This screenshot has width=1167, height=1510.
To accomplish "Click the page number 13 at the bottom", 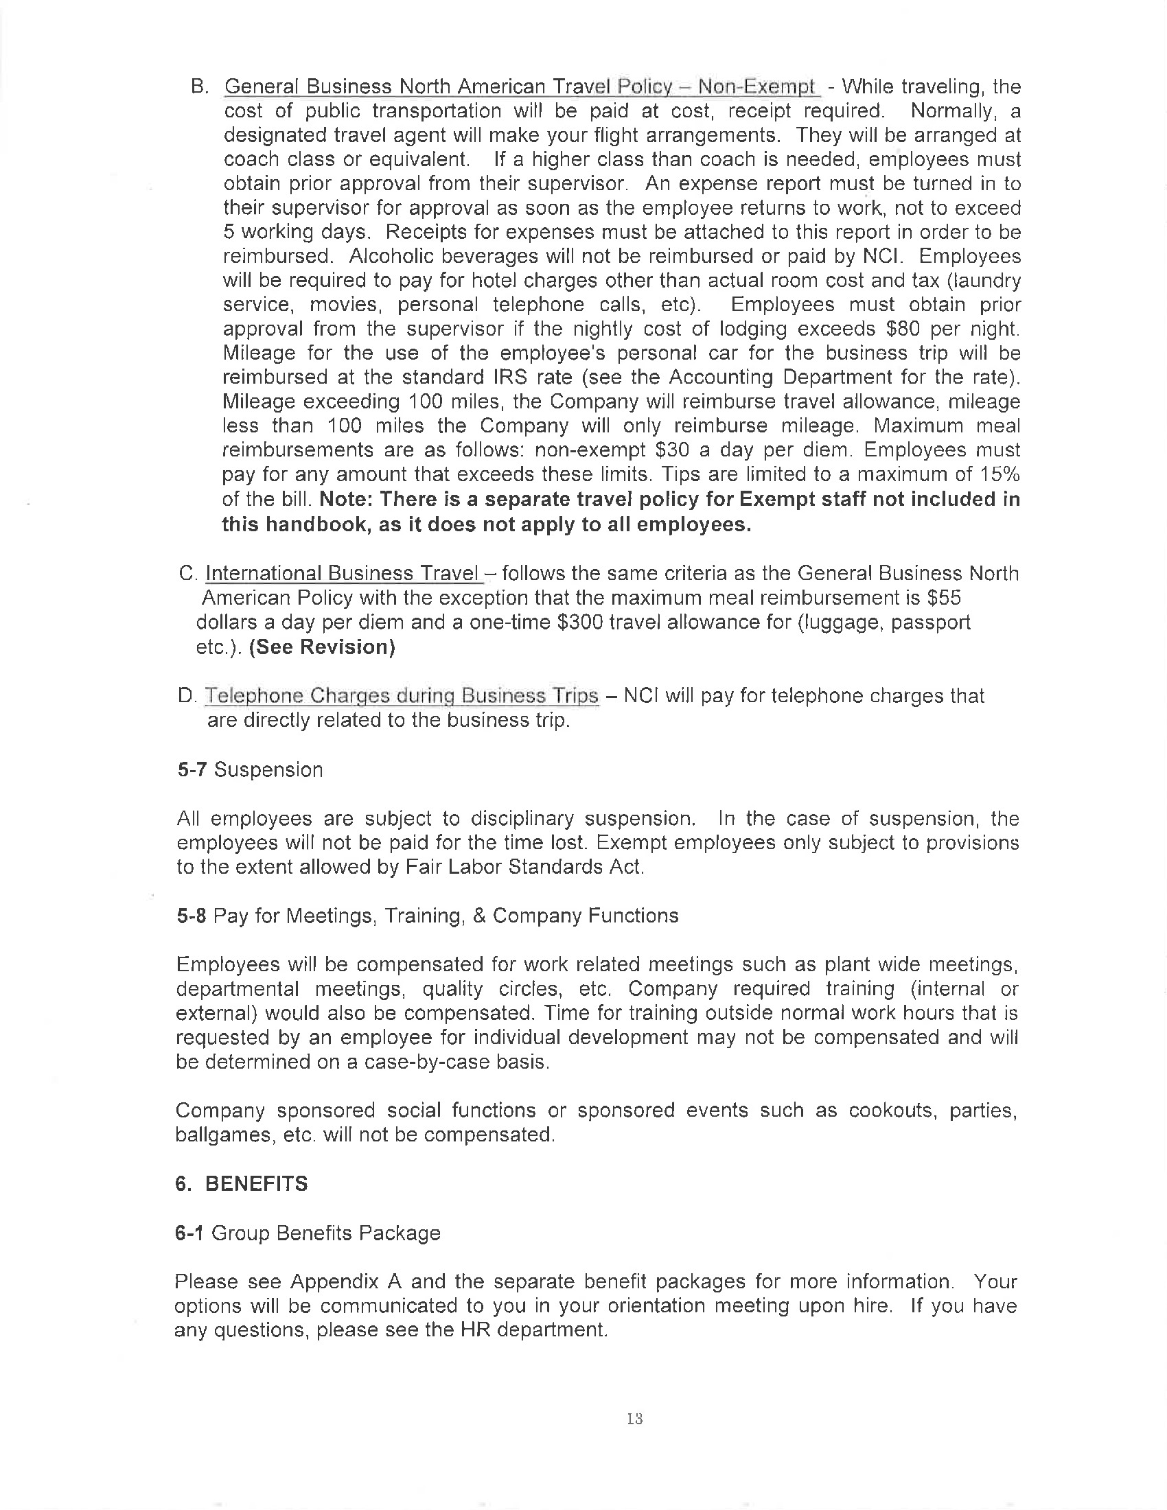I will click(635, 1419).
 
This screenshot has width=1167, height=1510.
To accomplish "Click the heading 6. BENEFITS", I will click(241, 1184).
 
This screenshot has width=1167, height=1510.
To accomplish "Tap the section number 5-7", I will click(192, 769).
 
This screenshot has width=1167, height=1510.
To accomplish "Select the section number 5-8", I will click(192, 916).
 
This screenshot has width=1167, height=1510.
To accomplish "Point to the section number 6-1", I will click(189, 1233).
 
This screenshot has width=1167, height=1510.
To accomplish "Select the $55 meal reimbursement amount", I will click(945, 597).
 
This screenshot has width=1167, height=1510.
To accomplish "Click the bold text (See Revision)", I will click(322, 647).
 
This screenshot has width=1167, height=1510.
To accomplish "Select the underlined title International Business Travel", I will click(343, 573).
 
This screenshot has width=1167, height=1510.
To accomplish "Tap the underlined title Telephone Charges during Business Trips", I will click(401, 695).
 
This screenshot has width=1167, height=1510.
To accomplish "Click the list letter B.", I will click(198, 87).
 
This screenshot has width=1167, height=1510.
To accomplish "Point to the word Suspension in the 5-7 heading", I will click(268, 769).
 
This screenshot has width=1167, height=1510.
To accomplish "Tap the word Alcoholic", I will click(391, 257).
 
